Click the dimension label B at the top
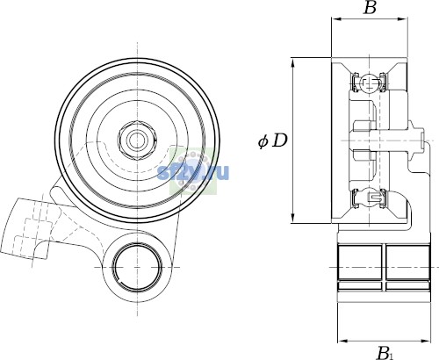(370, 8)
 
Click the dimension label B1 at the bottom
(384, 353)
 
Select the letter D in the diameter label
(280, 140)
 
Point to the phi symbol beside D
(263, 141)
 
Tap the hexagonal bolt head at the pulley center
(137, 140)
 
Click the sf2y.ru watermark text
(193, 172)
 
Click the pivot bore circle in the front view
(137, 267)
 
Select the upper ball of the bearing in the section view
(370, 83)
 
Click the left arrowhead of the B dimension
(335, 19)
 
